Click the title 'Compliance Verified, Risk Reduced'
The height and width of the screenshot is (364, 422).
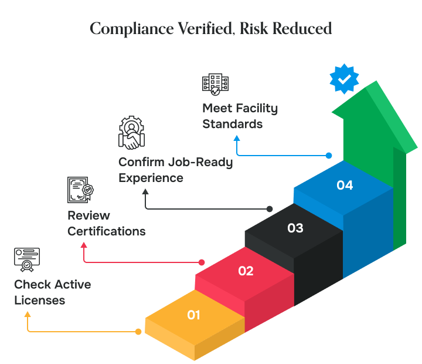pos(210,29)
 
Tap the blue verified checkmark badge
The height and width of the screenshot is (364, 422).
pos(344,79)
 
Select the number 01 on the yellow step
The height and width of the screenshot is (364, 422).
pos(194,315)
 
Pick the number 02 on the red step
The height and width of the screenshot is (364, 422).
pos(246,271)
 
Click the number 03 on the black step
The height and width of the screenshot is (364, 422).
pos(295,228)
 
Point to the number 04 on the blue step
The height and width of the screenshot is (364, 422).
pos(345,185)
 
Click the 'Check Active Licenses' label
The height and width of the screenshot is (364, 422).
pos(52,292)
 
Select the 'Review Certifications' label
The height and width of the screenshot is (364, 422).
pos(106,223)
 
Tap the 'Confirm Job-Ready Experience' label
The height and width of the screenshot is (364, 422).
pos(175,170)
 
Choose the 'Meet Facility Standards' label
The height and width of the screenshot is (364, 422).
pos(240,116)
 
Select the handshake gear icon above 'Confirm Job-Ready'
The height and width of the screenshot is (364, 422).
pos(132,133)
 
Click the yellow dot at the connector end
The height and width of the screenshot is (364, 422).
pos(138,332)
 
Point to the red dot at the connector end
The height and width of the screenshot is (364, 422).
pos(202,262)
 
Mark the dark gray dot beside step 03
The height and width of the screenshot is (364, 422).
pos(270,209)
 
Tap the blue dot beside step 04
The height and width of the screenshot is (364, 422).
pos(329,156)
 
